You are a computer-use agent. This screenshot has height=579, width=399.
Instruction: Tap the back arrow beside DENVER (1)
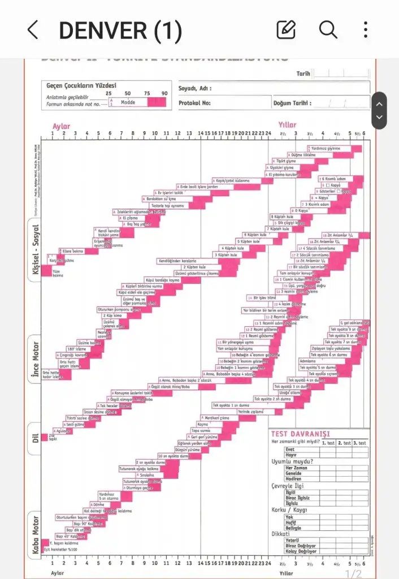33,30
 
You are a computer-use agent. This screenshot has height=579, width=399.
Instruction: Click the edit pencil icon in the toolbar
286,29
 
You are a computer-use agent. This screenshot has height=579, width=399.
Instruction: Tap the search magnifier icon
328,29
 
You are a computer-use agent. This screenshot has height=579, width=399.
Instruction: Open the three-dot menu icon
366,29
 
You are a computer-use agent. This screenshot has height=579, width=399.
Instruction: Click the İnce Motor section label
35,358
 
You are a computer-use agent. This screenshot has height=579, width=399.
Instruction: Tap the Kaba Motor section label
34,535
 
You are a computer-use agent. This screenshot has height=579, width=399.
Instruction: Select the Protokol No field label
194,103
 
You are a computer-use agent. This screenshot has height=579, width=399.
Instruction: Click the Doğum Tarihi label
290,103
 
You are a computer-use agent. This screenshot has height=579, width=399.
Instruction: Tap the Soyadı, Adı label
196,88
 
